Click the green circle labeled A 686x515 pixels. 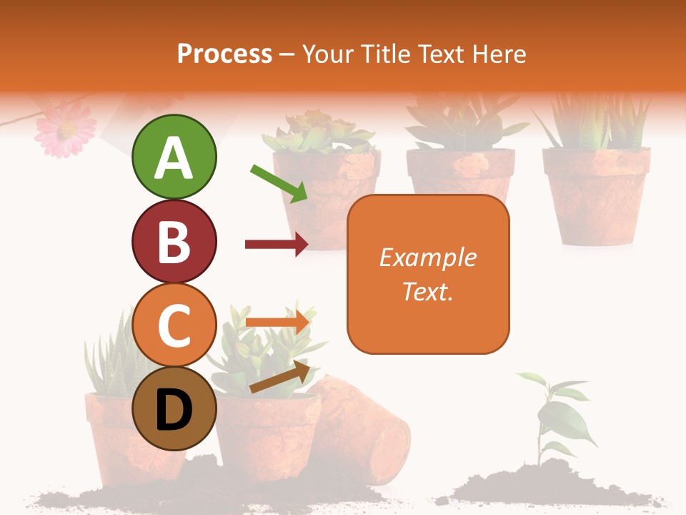tap(174, 157)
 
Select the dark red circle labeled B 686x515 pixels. tap(174, 241)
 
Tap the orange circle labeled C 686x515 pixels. tap(174, 325)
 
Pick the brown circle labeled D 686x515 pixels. tap(174, 409)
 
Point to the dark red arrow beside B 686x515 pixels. tap(277, 245)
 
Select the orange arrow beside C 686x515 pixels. tap(277, 321)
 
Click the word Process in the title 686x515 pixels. tap(224, 54)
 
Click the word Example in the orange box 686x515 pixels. tap(427, 257)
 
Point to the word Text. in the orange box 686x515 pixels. tap(427, 291)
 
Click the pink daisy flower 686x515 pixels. tap(65, 127)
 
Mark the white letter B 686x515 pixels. tap(174, 242)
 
